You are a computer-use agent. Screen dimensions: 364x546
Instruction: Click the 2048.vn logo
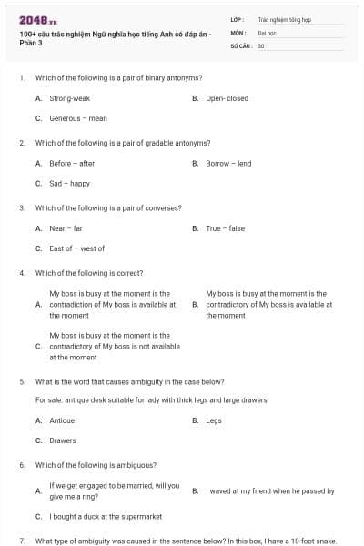click(x=37, y=20)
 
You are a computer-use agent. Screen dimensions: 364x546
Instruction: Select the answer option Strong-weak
click(x=69, y=98)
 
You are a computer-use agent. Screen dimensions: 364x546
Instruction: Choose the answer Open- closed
click(x=227, y=98)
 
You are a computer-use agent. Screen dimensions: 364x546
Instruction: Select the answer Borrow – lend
click(x=228, y=163)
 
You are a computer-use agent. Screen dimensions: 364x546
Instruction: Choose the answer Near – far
click(x=66, y=228)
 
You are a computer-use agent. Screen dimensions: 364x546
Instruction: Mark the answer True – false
click(x=225, y=228)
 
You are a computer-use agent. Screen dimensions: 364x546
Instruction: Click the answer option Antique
click(x=62, y=420)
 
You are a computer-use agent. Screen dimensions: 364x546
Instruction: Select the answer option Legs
click(x=214, y=420)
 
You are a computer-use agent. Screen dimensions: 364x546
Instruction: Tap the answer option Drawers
click(x=63, y=440)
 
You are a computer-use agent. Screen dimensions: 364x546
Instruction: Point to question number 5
click(x=22, y=381)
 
